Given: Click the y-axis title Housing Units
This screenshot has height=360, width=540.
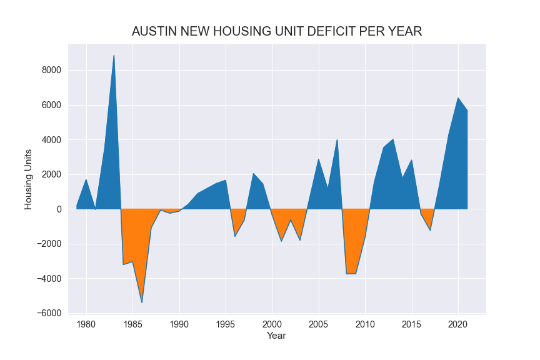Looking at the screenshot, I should (28, 179).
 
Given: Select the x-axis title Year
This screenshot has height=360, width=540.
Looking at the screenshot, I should (276, 336).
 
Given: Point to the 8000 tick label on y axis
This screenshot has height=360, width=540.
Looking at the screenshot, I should (51, 71).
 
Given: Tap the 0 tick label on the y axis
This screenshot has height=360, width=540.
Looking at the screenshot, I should (58, 209).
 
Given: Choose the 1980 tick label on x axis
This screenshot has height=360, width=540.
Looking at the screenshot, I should (86, 324).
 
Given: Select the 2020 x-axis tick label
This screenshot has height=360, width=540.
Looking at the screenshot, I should (458, 324).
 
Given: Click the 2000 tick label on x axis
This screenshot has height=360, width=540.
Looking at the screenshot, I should (272, 324).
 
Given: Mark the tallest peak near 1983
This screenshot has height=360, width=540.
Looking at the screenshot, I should (114, 56).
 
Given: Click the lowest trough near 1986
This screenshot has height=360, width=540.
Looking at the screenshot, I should (142, 302).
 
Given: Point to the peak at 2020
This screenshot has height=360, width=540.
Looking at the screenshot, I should (458, 98).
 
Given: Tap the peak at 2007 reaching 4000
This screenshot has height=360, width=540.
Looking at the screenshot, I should (337, 140).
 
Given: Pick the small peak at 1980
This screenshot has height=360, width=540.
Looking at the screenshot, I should (86, 180).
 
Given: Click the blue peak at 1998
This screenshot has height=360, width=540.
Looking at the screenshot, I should (253, 174).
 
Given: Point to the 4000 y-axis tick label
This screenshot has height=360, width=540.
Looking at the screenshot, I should (51, 140).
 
